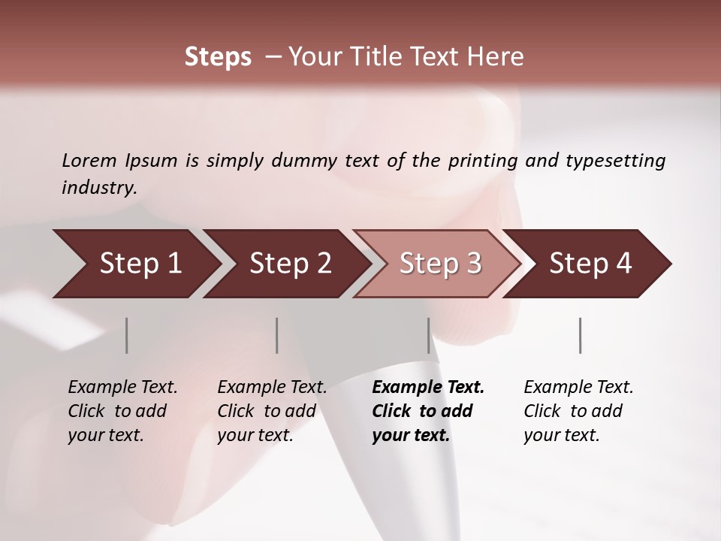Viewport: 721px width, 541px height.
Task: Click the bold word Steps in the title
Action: click(218, 57)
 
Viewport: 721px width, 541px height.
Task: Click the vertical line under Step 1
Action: click(126, 335)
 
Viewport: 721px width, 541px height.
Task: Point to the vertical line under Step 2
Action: click(277, 335)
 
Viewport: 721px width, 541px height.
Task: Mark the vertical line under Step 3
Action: click(428, 335)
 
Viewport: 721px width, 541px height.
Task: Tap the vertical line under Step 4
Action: click(580, 335)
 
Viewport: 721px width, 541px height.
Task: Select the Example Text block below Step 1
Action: click(122, 411)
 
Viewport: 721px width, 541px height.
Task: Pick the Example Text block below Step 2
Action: click(272, 411)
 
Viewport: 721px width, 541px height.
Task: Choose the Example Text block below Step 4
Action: click(578, 411)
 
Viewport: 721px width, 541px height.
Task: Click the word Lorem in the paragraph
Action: click(89, 161)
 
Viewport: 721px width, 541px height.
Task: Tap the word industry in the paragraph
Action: click(98, 188)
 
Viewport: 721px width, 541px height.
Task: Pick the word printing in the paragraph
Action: click(481, 161)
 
